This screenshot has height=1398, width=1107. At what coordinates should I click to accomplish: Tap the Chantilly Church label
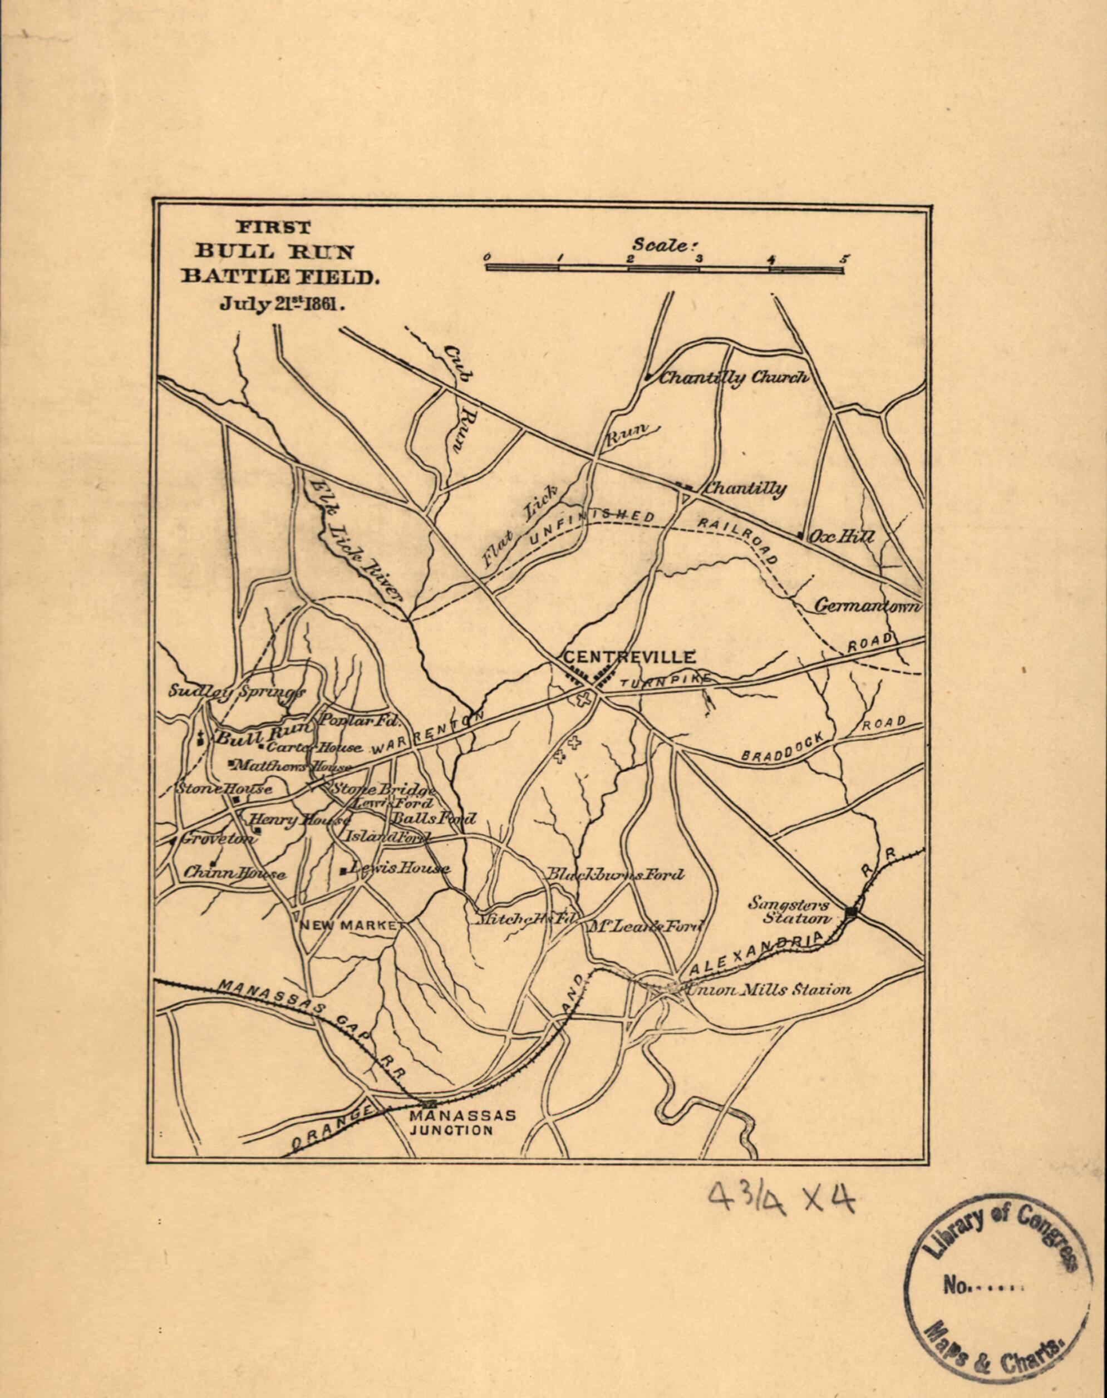(x=734, y=378)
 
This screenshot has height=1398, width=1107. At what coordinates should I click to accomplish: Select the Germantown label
(x=867, y=606)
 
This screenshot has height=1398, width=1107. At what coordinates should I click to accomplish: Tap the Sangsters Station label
(x=788, y=910)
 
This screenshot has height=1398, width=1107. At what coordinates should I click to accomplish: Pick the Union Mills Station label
(x=768, y=990)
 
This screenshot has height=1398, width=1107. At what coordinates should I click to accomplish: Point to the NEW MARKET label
(x=347, y=926)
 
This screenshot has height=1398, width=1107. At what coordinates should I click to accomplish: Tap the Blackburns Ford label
(x=614, y=875)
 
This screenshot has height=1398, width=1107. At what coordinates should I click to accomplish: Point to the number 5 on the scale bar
(x=844, y=259)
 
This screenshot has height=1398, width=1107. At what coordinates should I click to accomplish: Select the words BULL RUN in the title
(x=275, y=252)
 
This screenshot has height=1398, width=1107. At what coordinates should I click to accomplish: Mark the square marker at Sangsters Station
(x=852, y=912)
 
